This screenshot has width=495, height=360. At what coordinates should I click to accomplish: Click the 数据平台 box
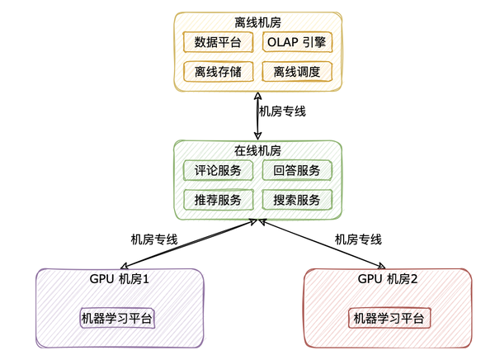click(x=218, y=41)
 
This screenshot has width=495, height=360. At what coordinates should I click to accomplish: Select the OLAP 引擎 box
click(x=297, y=41)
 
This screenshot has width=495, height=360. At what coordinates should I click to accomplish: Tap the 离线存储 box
click(x=218, y=72)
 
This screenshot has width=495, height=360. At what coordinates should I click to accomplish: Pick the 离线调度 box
click(x=297, y=72)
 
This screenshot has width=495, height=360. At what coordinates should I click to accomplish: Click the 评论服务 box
click(x=218, y=171)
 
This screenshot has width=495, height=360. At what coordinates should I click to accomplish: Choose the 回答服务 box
click(x=297, y=171)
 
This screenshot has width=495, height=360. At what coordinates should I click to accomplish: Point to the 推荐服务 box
click(x=218, y=200)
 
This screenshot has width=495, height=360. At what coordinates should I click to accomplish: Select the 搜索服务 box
click(x=297, y=200)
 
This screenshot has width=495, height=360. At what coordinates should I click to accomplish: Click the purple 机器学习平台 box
click(x=117, y=318)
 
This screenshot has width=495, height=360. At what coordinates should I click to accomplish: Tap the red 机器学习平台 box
click(x=388, y=318)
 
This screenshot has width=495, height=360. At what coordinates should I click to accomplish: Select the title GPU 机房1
click(x=120, y=279)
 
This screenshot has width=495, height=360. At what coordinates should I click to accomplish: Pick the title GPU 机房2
click(x=388, y=279)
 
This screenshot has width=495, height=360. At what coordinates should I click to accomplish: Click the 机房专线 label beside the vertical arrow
click(x=283, y=111)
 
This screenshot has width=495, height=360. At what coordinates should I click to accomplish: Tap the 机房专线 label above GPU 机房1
click(x=154, y=239)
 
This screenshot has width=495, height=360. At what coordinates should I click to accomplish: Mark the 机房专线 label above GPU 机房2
click(x=358, y=239)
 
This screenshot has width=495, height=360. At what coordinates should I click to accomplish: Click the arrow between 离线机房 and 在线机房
click(x=258, y=116)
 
